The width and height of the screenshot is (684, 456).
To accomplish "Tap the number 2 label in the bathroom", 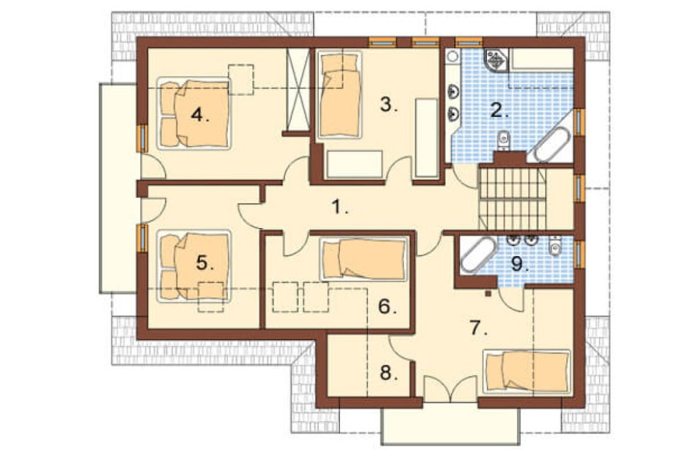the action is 499,111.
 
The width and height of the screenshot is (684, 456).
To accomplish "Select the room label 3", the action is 389,105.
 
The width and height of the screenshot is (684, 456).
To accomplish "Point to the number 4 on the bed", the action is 200,116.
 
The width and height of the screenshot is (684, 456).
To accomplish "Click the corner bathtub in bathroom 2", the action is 551,143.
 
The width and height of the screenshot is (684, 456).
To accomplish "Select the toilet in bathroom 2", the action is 504,140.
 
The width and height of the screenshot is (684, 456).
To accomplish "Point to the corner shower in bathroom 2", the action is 497,60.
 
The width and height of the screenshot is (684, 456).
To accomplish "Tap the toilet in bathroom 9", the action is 555,246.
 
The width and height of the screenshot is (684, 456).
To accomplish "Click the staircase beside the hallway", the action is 512,198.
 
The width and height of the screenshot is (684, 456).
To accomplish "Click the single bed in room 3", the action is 340,94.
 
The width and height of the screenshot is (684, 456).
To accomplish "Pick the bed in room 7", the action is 527,371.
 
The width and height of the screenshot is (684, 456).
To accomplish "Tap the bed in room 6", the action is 365,259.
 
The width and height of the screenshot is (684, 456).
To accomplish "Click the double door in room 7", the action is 450,389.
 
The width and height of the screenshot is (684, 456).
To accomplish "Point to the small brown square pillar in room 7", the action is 488,294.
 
